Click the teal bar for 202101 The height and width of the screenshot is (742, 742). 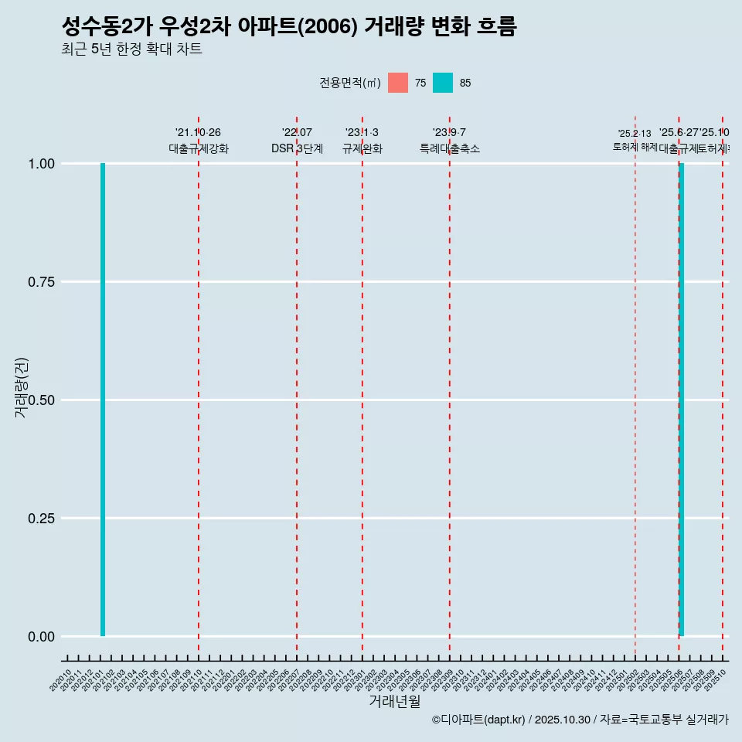[103, 400]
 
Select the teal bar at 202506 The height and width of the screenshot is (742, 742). [682, 400]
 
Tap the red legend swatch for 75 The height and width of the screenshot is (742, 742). [398, 83]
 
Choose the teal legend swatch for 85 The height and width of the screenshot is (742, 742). [443, 83]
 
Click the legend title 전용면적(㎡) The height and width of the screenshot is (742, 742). [350, 83]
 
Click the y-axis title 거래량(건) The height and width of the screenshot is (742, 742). [21, 388]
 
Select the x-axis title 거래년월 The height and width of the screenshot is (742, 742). [395, 702]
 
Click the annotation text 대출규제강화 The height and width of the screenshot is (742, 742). [199, 148]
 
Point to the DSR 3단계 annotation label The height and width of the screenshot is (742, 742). [297, 148]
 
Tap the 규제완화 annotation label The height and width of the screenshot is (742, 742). [362, 148]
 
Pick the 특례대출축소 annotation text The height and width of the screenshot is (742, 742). [450, 148]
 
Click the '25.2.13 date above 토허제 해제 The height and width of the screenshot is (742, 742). [635, 134]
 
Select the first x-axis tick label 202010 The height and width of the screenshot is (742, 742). [61, 681]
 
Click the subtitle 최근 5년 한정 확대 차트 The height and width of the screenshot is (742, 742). [131, 49]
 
